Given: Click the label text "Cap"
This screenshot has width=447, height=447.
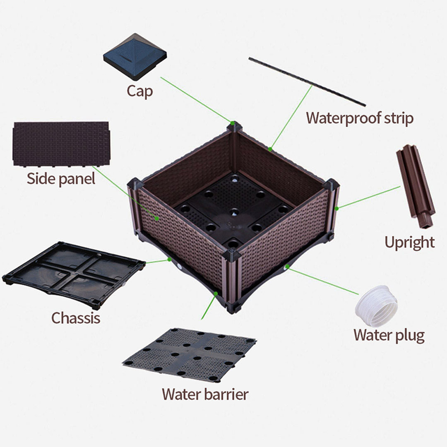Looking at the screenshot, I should click(139, 91).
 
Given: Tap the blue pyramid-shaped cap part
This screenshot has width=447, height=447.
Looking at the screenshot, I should click(135, 56).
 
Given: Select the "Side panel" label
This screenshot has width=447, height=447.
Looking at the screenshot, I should click(61, 178).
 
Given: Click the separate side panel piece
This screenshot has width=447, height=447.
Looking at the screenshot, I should click(61, 143).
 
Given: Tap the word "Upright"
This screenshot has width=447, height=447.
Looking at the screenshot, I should click(409, 242).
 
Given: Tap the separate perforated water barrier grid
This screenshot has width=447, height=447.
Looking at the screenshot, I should click(189, 354).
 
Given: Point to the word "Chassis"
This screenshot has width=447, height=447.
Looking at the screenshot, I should click(75, 318).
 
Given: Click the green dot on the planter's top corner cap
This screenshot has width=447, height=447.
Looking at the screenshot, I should click(233, 123).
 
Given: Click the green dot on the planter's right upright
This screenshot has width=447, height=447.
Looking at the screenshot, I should click(336, 208).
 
